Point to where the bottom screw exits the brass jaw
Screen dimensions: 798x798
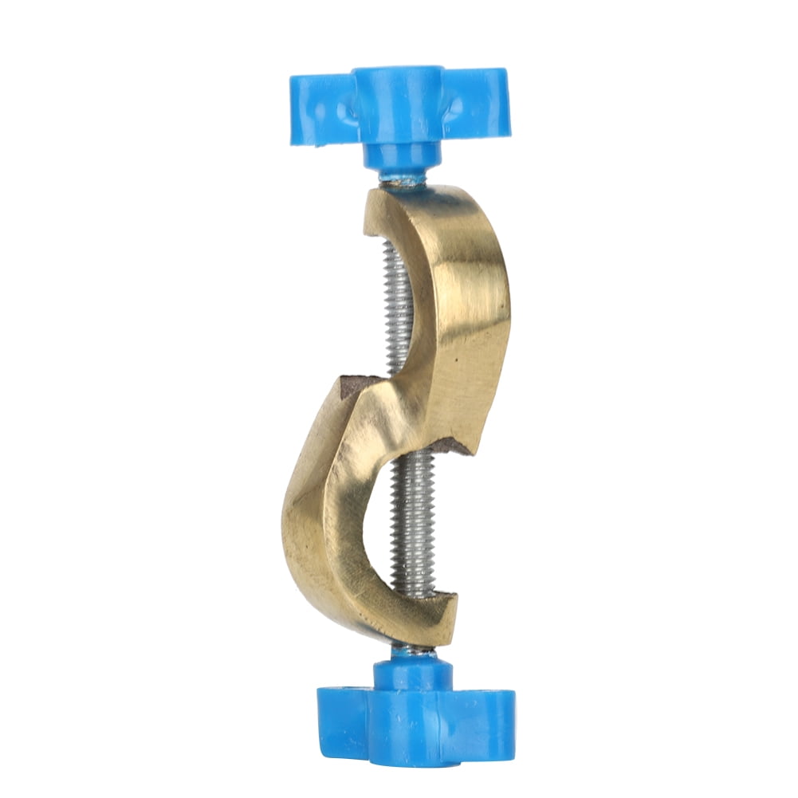pyautogui.click(x=414, y=644)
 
